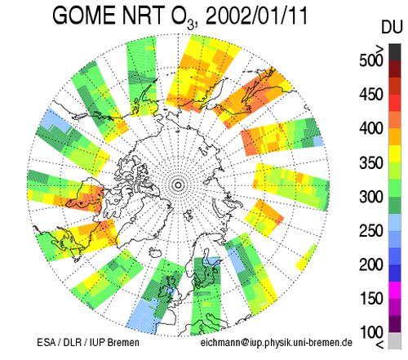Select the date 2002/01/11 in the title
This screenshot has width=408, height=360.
[256, 16]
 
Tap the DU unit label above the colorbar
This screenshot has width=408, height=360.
[392, 27]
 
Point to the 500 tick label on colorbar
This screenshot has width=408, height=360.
[371, 60]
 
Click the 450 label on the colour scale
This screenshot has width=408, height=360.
[371, 95]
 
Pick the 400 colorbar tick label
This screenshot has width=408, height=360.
[371, 128]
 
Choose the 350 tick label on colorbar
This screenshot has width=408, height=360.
[371, 162]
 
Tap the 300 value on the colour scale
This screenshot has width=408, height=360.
[371, 197]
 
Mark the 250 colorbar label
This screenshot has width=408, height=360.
[371, 231]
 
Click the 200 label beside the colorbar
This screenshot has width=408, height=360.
[371, 264]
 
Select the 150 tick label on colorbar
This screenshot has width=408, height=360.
[371, 299]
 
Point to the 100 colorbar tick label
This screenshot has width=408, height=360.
[371, 332]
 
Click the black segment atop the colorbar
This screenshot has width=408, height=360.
[395, 52]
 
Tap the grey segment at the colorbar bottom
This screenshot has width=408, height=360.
[395, 340]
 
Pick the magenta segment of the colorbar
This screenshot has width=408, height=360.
[395, 290]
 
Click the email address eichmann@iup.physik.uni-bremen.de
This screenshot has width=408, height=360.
[277, 342]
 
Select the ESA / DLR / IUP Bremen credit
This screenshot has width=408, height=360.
[88, 342]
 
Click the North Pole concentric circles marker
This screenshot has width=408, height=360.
[178, 185]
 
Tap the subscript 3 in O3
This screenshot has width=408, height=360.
[191, 25]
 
